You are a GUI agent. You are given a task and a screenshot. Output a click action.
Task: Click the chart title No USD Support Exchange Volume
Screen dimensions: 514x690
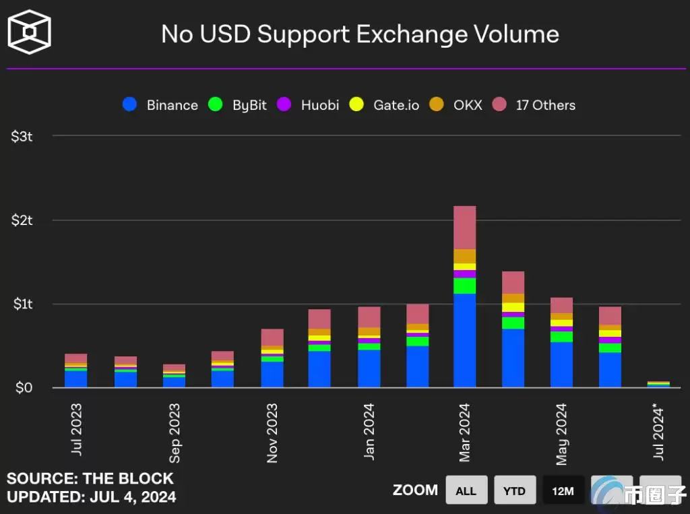coord(360,34)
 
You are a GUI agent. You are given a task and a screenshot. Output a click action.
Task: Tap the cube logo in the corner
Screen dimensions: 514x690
coord(29,32)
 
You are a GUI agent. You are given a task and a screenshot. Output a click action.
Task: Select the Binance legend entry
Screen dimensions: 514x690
coord(160,105)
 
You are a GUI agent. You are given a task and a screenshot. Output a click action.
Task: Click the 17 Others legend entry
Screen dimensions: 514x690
coord(534,105)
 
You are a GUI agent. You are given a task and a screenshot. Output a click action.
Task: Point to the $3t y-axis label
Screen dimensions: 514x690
coord(22,136)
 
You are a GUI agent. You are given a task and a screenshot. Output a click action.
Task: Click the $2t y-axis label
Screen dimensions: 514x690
coord(22,220)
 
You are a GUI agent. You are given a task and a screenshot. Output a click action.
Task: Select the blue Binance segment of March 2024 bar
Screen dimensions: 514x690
coord(465,340)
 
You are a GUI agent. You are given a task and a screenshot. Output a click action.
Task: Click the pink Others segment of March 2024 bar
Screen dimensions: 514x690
coord(465,228)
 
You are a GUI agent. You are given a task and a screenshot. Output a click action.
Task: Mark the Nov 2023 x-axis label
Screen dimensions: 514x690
coord(272,433)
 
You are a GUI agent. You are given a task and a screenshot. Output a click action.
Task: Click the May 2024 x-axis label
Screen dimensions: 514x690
coord(562,435)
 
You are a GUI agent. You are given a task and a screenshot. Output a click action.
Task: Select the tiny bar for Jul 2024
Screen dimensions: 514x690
coord(658,385)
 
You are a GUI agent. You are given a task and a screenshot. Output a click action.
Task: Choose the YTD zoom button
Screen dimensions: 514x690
coord(514,490)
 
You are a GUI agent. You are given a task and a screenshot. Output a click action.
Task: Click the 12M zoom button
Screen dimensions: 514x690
coord(563,490)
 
